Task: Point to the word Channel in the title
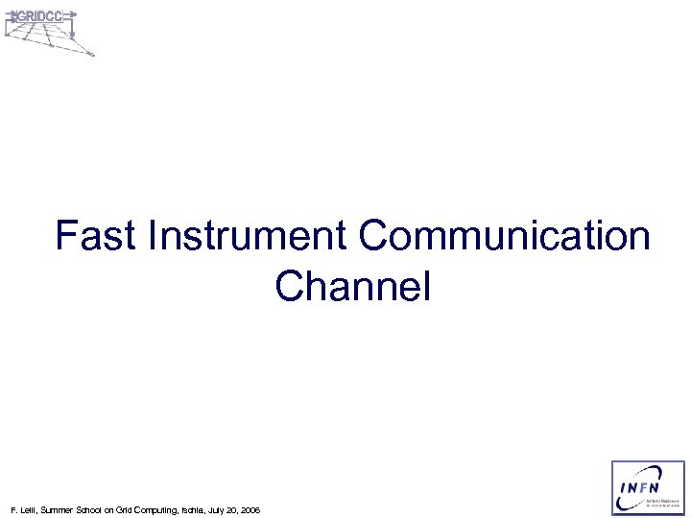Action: pyautogui.click(x=353, y=286)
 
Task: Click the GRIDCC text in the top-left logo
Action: pyautogui.click(x=39, y=17)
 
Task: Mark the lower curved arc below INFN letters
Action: pyautogui.click(x=638, y=503)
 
